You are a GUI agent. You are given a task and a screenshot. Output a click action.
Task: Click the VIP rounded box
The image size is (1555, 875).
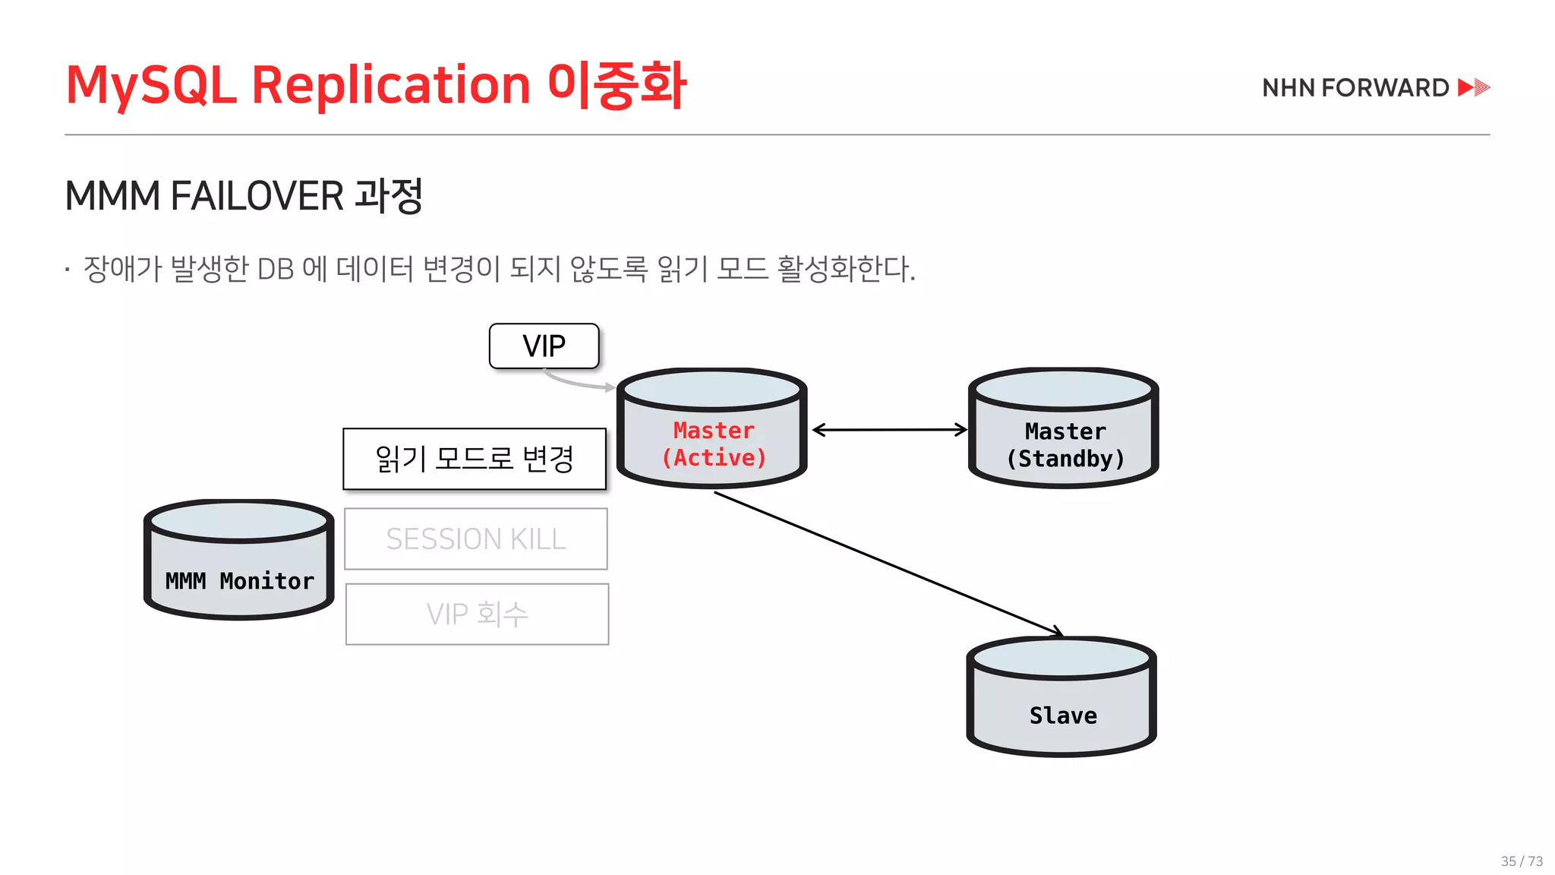[544, 346]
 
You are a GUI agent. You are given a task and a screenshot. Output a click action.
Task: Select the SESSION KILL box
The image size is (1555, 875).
[476, 539]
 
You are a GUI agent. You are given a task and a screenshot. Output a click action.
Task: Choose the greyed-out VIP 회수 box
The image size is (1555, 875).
[477, 614]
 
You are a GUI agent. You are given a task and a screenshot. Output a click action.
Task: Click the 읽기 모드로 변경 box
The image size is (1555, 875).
[475, 459]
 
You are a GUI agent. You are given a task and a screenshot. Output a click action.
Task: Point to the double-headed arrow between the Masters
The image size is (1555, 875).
[890, 430]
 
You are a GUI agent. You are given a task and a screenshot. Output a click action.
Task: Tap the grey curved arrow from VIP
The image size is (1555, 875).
[577, 382]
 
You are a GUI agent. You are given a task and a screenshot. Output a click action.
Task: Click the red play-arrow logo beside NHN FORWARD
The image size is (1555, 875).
[1474, 87]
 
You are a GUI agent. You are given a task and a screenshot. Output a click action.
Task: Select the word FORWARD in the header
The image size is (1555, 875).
[1385, 88]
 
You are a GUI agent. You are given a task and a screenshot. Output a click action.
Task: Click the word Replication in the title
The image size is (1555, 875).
[390, 84]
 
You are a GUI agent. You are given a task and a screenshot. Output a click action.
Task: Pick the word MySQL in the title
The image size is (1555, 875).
[151, 84]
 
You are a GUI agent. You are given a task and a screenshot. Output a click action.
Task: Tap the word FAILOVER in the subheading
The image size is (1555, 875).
[257, 196]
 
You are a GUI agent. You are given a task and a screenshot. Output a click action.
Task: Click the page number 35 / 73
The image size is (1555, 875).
[1522, 861]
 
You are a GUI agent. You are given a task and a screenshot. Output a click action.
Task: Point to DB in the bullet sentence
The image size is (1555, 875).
[276, 269]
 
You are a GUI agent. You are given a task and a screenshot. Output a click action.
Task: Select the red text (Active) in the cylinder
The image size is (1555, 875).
[714, 458]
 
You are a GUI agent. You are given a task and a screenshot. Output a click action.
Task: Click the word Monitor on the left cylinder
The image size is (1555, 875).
[267, 581]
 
